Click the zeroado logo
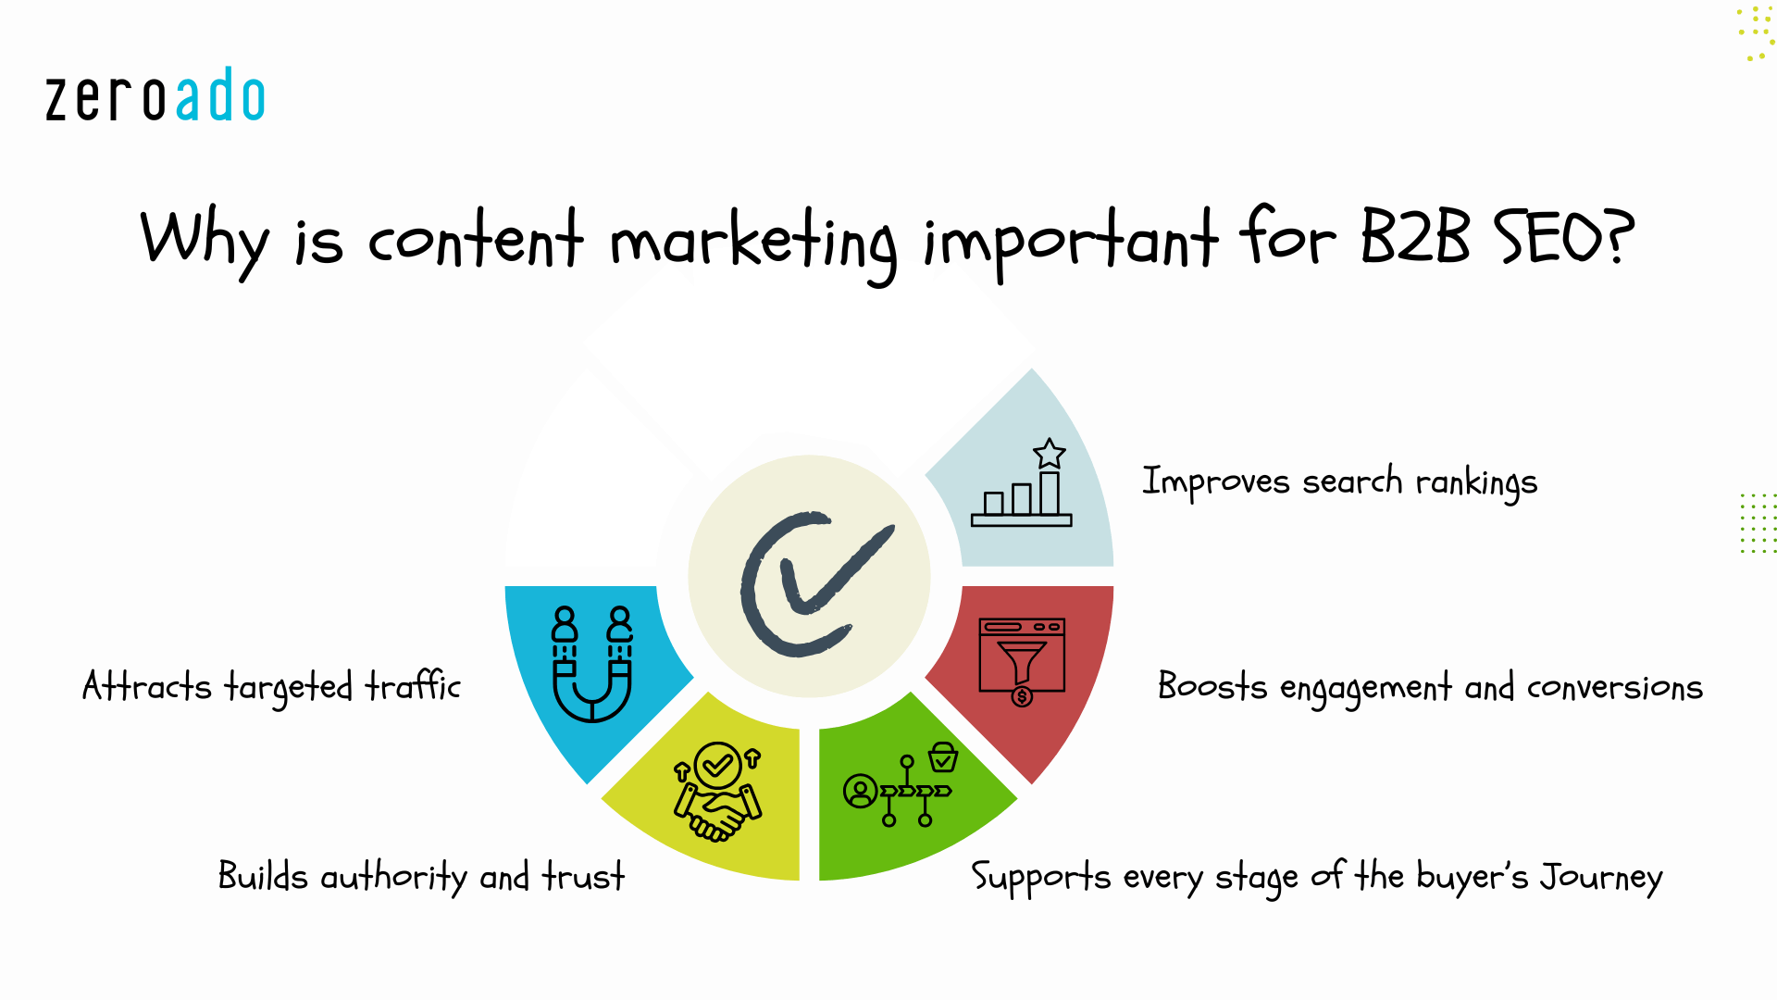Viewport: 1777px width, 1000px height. point(155,95)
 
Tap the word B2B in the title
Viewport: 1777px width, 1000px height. point(1414,236)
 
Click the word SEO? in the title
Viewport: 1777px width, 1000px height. point(1564,236)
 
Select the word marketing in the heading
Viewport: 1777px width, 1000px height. point(752,243)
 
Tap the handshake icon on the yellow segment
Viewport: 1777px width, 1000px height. point(718,793)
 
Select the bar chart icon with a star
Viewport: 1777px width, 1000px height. point(1022,486)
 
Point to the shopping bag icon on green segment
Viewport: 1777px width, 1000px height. point(943,756)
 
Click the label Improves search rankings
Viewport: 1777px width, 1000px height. point(1339,481)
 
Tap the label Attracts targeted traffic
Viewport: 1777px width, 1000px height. point(271,687)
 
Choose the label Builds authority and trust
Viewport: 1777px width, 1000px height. point(421,876)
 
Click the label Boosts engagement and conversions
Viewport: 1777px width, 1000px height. point(1430,687)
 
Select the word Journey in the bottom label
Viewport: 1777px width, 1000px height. point(1600,877)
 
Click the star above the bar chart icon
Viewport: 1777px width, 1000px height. point(1050,454)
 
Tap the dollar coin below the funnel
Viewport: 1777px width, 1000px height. point(1022,696)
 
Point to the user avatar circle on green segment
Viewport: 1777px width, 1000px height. point(860,792)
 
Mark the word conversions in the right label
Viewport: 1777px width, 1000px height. point(1614,688)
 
